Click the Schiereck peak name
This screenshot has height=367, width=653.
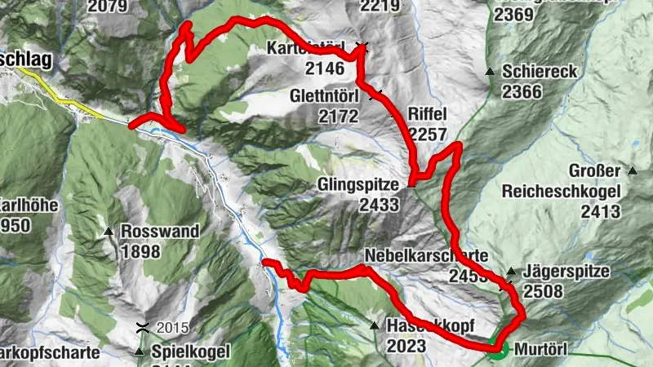pyautogui.click(x=540, y=72)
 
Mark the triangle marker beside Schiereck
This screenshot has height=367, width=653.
pyautogui.click(x=490, y=72)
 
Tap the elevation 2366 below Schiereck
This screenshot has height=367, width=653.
pyautogui.click(x=522, y=91)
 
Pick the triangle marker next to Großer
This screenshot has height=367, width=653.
pyautogui.click(x=633, y=171)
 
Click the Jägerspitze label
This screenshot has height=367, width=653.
pyautogui.click(x=566, y=272)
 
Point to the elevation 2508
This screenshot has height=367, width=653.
pyautogui.click(x=544, y=291)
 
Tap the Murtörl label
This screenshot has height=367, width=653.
pyautogui.click(x=541, y=350)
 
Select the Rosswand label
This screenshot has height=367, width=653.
pyautogui.click(x=159, y=232)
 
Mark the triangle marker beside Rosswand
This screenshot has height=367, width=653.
pyautogui.click(x=109, y=232)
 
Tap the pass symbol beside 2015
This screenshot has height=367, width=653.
pyautogui.click(x=143, y=328)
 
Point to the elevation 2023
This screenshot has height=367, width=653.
pyautogui.click(x=407, y=346)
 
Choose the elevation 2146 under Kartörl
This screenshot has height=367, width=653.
pyautogui.click(x=324, y=69)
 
